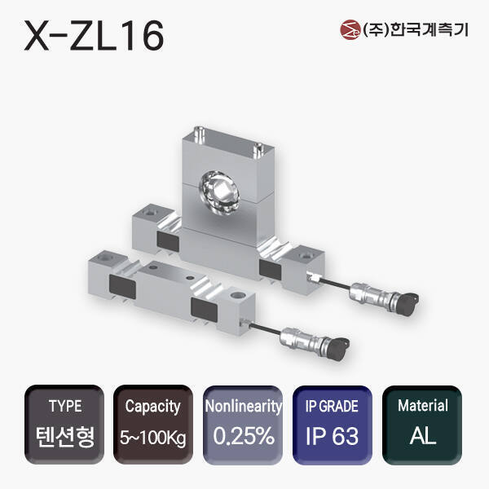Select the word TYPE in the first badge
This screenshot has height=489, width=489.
pos(65,406)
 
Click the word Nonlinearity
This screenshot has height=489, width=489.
pos(243,406)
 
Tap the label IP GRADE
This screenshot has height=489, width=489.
pos(333,406)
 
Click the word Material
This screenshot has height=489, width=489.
pos(422,405)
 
